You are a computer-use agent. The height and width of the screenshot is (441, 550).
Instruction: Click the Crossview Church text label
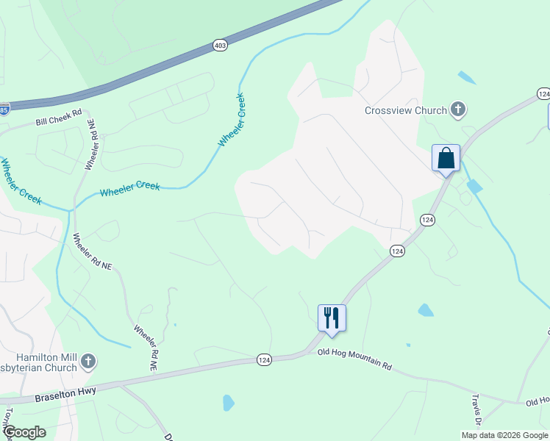[x=406, y=110]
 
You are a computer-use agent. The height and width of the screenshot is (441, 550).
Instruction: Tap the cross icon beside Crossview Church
[x=458, y=110]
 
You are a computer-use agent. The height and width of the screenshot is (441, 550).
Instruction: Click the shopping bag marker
[x=446, y=158]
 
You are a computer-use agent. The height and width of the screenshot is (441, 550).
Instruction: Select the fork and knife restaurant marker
[x=332, y=318]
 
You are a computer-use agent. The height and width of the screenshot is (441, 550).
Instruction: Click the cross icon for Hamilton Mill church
[x=87, y=361]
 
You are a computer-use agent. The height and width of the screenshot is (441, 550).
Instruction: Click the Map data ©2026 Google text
[x=504, y=435]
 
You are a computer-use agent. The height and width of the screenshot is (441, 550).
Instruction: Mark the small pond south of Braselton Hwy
[x=228, y=403]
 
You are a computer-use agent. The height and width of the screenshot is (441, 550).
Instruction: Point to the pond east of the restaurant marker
[x=425, y=310]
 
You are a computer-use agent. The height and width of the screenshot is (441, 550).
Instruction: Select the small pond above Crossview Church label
[x=466, y=77]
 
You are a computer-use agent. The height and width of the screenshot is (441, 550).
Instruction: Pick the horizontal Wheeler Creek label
[x=130, y=189]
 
